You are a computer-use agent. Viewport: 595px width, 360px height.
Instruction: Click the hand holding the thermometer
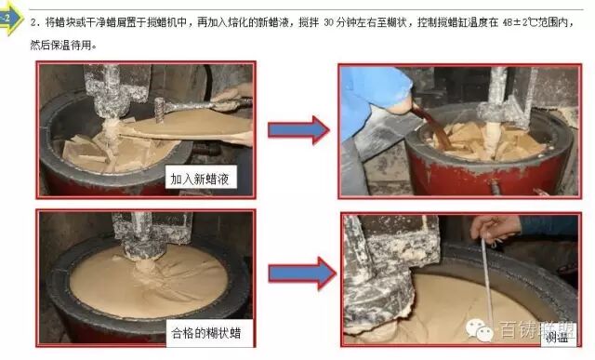[x=497, y=226]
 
